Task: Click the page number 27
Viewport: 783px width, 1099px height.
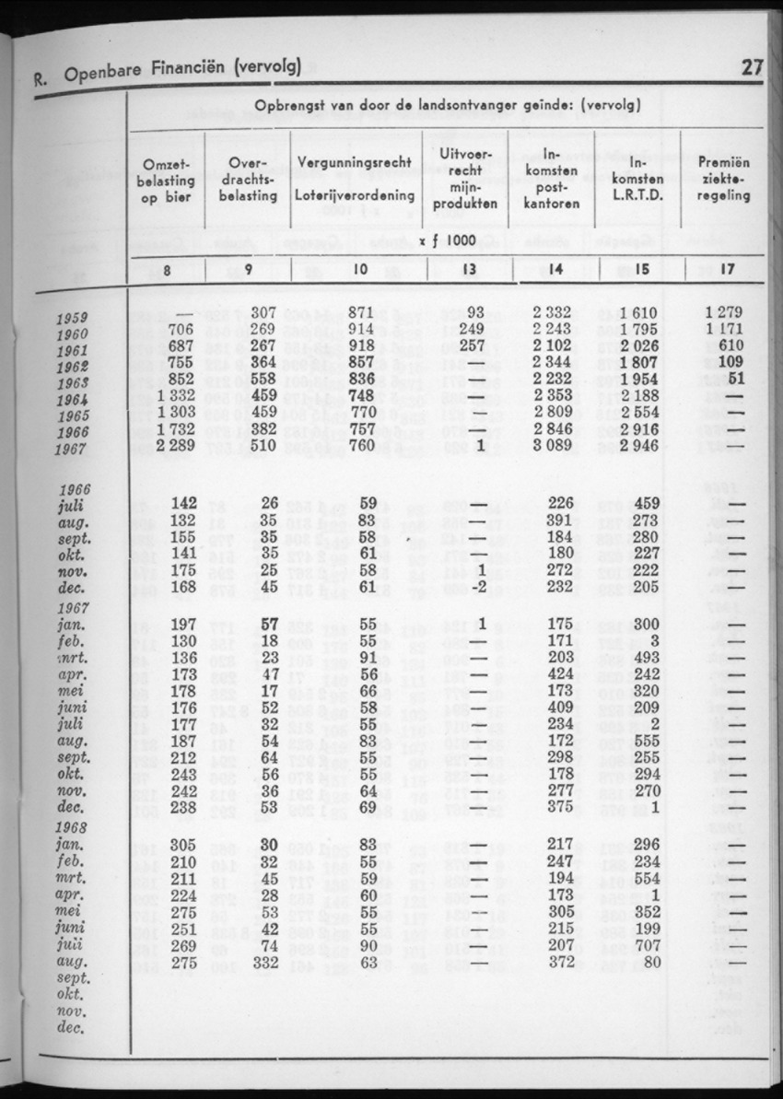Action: point(753,67)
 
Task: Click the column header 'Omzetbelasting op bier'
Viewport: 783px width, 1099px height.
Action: point(167,180)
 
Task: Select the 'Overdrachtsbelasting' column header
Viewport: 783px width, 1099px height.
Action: point(251,180)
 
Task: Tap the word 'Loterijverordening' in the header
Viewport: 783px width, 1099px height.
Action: point(354,196)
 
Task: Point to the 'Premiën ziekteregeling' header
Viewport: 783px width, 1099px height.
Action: point(724,180)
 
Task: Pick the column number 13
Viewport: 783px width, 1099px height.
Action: point(470,270)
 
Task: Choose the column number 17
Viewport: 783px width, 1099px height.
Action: point(725,270)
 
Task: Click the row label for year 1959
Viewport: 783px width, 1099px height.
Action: point(72,318)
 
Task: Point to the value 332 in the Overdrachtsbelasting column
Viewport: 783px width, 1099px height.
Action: point(263,962)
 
